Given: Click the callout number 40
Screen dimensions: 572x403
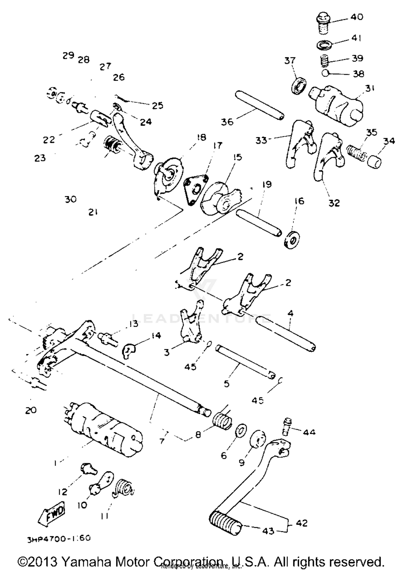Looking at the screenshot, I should (357, 17).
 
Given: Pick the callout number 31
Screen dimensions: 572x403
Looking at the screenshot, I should (370, 88).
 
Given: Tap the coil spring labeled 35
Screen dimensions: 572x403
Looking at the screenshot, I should (356, 153).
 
